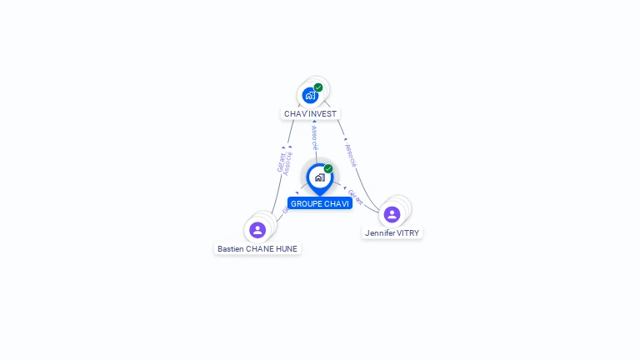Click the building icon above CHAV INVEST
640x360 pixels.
311,95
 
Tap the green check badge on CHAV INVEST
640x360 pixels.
318,87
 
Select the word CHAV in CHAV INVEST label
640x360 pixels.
295,113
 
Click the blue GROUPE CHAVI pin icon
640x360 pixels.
319,177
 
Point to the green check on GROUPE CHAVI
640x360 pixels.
328,169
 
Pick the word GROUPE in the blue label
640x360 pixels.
306,203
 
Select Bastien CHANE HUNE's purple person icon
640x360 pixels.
257,229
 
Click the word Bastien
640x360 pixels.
231,248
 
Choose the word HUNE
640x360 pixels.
287,248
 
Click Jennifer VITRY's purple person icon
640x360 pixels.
392,214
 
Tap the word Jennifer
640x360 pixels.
380,233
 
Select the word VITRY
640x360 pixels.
407,233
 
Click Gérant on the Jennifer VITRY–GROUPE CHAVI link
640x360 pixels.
356,197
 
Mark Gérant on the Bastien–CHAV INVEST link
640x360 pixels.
281,162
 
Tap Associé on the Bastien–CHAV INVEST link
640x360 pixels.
288,163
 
